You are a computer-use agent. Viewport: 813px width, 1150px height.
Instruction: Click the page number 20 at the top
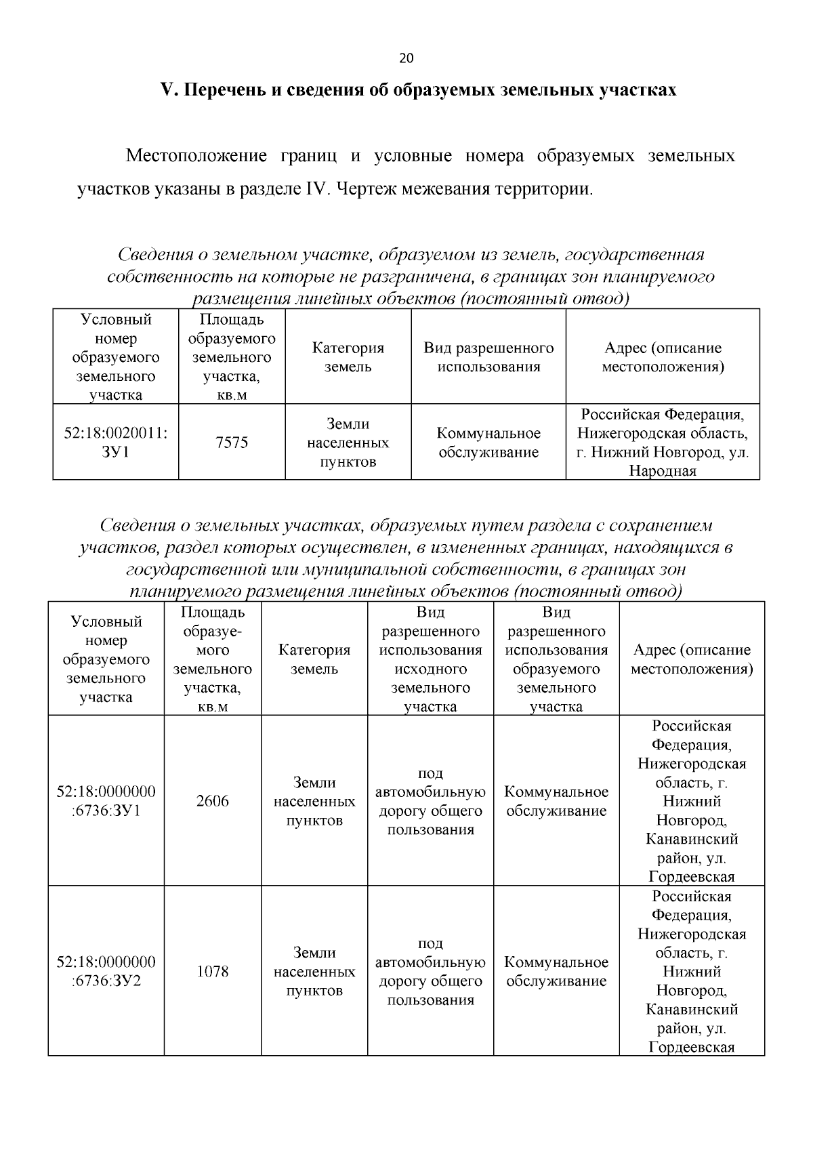click(406, 58)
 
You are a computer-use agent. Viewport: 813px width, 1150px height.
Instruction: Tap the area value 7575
click(232, 443)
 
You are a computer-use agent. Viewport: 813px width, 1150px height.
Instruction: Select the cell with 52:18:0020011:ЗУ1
click(116, 443)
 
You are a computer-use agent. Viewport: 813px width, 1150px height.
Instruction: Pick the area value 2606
click(213, 801)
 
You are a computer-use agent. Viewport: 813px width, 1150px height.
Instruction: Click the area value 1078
click(213, 971)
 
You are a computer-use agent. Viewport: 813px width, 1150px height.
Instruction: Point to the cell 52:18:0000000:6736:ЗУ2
click(106, 971)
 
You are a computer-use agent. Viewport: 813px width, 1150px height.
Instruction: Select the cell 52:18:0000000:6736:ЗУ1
click(106, 801)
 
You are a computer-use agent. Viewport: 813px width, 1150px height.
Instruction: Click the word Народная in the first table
click(662, 471)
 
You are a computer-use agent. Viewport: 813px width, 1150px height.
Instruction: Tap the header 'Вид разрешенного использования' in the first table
click(488, 357)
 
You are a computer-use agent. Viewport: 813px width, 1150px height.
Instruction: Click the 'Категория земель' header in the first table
click(348, 357)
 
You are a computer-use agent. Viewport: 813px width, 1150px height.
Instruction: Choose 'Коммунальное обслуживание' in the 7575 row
click(488, 443)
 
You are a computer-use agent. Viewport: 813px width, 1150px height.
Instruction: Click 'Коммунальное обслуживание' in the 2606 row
click(556, 801)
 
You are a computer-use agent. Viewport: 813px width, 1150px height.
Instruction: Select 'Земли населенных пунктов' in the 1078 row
click(314, 971)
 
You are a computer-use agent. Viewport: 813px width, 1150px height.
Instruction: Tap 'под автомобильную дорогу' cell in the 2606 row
click(430, 801)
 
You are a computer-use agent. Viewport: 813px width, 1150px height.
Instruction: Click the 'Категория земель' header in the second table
click(314, 659)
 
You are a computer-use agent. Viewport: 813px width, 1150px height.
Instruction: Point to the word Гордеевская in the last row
click(691, 1047)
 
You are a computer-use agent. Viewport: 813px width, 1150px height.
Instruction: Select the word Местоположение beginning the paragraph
click(196, 157)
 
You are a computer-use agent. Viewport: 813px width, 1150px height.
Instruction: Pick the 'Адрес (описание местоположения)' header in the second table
click(691, 659)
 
